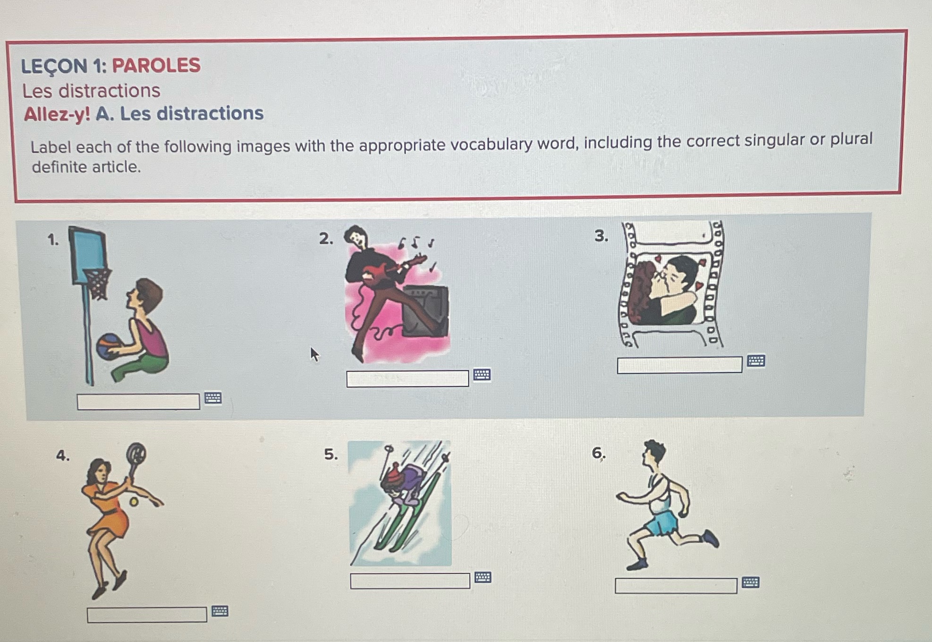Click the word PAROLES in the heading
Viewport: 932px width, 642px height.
[x=156, y=65]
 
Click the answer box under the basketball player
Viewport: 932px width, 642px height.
[x=138, y=402]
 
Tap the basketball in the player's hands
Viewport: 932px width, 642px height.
[x=108, y=346]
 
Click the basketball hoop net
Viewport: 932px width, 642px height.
[x=99, y=283]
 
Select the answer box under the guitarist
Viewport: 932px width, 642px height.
[x=407, y=378]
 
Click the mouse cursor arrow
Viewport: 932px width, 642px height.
[x=314, y=354]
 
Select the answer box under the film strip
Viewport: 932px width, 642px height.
[x=679, y=365]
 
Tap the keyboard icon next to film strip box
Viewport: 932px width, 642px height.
[x=755, y=361]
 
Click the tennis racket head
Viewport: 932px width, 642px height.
[x=136, y=454]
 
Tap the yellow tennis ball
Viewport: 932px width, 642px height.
[x=134, y=502]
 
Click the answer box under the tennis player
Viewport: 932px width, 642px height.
[x=146, y=615]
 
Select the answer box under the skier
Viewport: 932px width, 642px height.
[x=409, y=581]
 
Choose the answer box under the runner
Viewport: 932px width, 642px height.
[x=675, y=586]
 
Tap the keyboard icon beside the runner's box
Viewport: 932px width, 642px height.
[x=750, y=582]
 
